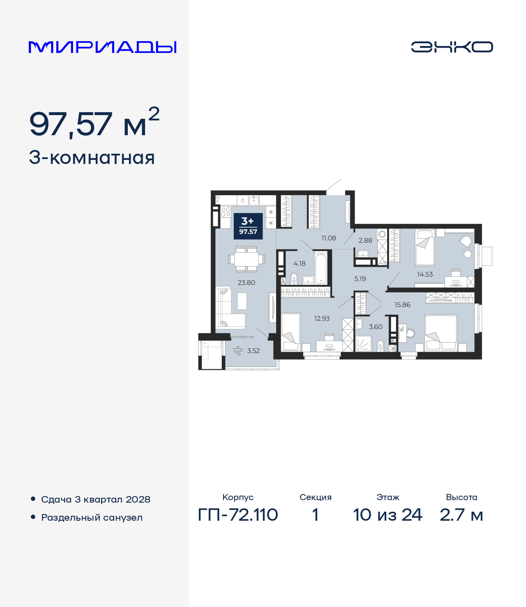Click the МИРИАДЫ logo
[103, 47]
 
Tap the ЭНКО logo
[452, 47]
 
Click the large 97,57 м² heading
[94, 123]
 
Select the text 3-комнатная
[92, 158]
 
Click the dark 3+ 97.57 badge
[248, 226]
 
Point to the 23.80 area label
[247, 283]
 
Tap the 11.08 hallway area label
[329, 238]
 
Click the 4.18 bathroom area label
[299, 264]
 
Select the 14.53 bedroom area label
[425, 275]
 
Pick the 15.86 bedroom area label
[402, 305]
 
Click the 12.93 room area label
[322, 319]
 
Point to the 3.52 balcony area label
[253, 351]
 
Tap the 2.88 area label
[365, 241]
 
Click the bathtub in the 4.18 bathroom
[321, 268]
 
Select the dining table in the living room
[247, 259]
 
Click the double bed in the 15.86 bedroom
[441, 332]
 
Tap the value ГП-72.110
[238, 515]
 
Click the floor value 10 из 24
[388, 515]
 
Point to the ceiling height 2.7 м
[461, 515]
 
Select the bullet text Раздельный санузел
[92, 518]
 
